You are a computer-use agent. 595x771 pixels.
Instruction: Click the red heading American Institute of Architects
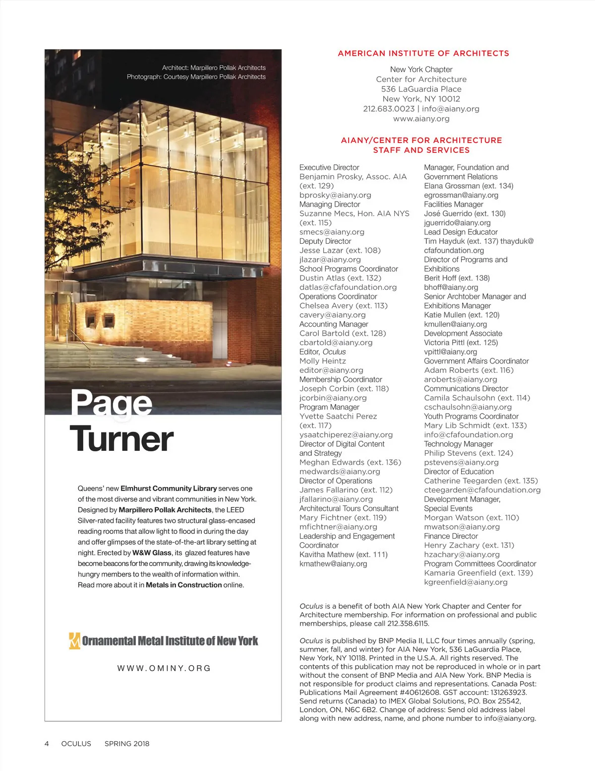[x=423, y=54]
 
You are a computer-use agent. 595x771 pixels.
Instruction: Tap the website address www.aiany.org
[x=421, y=119]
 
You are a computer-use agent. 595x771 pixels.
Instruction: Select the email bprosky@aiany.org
[x=335, y=195]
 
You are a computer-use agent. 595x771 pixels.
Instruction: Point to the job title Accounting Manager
[x=334, y=324]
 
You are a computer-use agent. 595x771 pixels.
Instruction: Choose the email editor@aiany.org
[x=331, y=370]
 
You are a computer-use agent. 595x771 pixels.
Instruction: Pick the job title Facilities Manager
[x=453, y=204]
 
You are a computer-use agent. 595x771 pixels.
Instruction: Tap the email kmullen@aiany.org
[x=455, y=324]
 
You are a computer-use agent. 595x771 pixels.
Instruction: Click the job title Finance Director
[x=451, y=536]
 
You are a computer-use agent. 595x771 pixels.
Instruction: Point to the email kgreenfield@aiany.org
[x=466, y=582]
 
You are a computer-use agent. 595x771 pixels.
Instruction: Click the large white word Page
[x=112, y=403]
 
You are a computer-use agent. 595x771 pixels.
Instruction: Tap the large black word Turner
[x=122, y=439]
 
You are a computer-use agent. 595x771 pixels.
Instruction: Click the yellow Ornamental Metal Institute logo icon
[x=74, y=641]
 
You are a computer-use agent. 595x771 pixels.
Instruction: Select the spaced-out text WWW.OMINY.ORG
[x=164, y=668]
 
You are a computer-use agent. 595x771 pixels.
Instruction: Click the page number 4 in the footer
[x=47, y=744]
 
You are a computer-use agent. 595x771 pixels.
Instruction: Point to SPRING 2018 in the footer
[x=127, y=744]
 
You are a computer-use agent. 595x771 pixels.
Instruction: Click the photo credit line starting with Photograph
[x=196, y=77]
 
